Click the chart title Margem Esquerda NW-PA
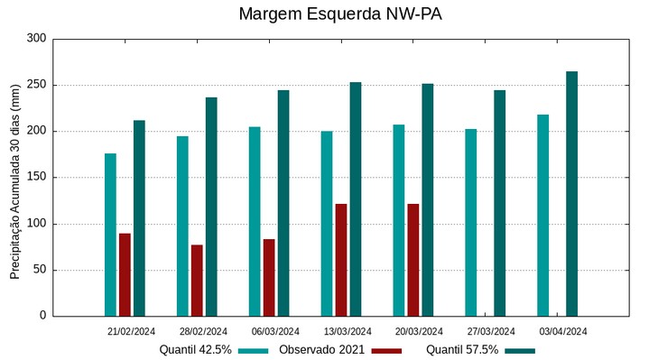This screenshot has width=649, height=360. (340, 14)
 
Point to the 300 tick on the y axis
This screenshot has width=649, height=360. (36, 39)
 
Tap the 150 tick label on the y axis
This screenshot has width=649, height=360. (36, 178)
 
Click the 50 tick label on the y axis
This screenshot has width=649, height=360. (40, 270)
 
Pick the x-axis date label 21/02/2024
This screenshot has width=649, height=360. (132, 331)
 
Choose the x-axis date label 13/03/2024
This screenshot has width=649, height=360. (348, 331)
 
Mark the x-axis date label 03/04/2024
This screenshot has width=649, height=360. (563, 331)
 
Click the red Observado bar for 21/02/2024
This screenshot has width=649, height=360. (125, 275)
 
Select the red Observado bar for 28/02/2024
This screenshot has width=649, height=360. (197, 281)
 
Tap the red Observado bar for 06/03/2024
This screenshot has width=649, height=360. (269, 278)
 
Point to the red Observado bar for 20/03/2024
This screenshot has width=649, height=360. (413, 260)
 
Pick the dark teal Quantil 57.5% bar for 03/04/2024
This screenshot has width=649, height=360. (572, 194)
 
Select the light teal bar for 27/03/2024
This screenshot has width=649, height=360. (471, 223)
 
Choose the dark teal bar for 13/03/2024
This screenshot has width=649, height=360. (356, 199)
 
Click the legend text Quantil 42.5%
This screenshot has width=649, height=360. (196, 350)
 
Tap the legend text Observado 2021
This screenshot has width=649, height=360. (322, 350)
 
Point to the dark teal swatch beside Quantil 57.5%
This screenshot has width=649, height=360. (520, 350)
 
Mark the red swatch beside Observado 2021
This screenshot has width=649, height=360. (386, 350)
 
